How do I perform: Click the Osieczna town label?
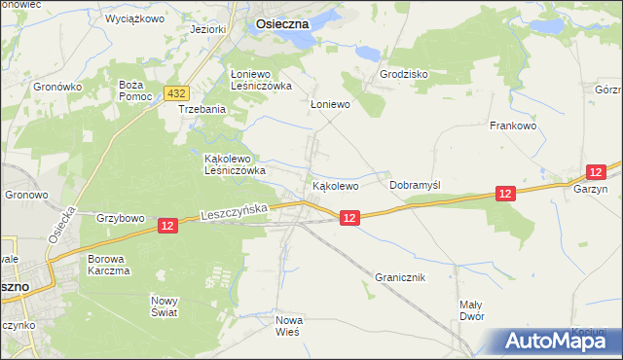coord(282,20)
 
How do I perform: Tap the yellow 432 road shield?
coord(175,93)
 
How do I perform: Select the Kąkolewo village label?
coord(336,185)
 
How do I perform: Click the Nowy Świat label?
coord(165,306)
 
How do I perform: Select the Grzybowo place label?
coord(121,218)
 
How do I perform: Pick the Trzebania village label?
coord(202,110)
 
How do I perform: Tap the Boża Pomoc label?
coord(130,92)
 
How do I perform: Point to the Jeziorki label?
coord(208,29)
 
